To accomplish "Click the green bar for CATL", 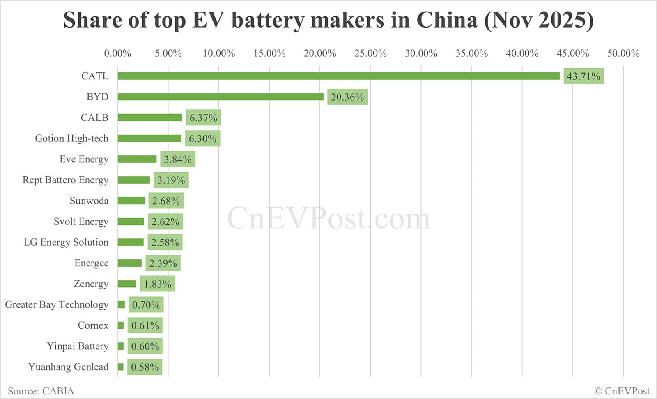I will click(x=338, y=76).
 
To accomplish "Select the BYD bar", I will click(x=221, y=97).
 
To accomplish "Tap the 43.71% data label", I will click(x=583, y=76).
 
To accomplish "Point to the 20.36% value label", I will click(x=347, y=97).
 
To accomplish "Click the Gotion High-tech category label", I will click(x=71, y=138).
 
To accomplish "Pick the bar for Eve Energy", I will click(x=137, y=159).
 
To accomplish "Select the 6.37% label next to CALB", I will click(x=203, y=118).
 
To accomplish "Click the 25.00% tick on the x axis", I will click(x=370, y=53).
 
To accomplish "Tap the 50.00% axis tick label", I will click(x=623, y=53).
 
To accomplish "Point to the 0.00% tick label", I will click(x=117, y=53).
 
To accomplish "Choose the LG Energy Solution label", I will click(x=66, y=242).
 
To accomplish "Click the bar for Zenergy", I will click(x=127, y=284).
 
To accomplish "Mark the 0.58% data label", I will click(x=145, y=367).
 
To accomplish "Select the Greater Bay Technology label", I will click(x=57, y=304).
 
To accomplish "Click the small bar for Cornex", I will click(x=121, y=325).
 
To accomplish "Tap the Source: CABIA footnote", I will click(x=41, y=391).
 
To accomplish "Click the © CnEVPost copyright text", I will click(x=622, y=391).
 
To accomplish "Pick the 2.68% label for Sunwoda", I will click(x=166, y=201).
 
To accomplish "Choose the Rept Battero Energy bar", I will click(x=134, y=180).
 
